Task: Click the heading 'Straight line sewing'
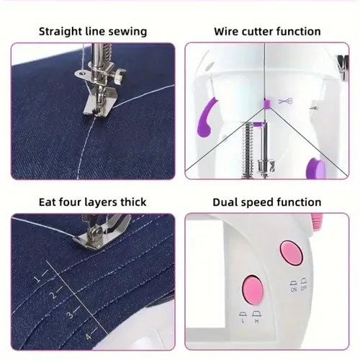pyautogui.click(x=93, y=32)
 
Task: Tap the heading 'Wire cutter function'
pyautogui.click(x=267, y=32)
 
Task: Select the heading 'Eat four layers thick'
pyautogui.click(x=93, y=202)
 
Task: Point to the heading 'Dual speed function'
pyautogui.click(x=267, y=202)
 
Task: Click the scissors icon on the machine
pyautogui.click(x=286, y=101)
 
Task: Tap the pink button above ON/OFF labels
pyautogui.click(x=292, y=253)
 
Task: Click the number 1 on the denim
pyautogui.click(x=37, y=279)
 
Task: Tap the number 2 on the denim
pyautogui.click(x=54, y=295)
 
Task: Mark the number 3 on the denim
pyautogui.click(x=71, y=314)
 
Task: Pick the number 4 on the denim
pyautogui.click(x=89, y=336)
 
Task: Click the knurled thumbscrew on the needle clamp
pyautogui.click(x=120, y=74)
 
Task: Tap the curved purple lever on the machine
pyautogui.click(x=206, y=117)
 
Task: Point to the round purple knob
pyautogui.click(x=315, y=169)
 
